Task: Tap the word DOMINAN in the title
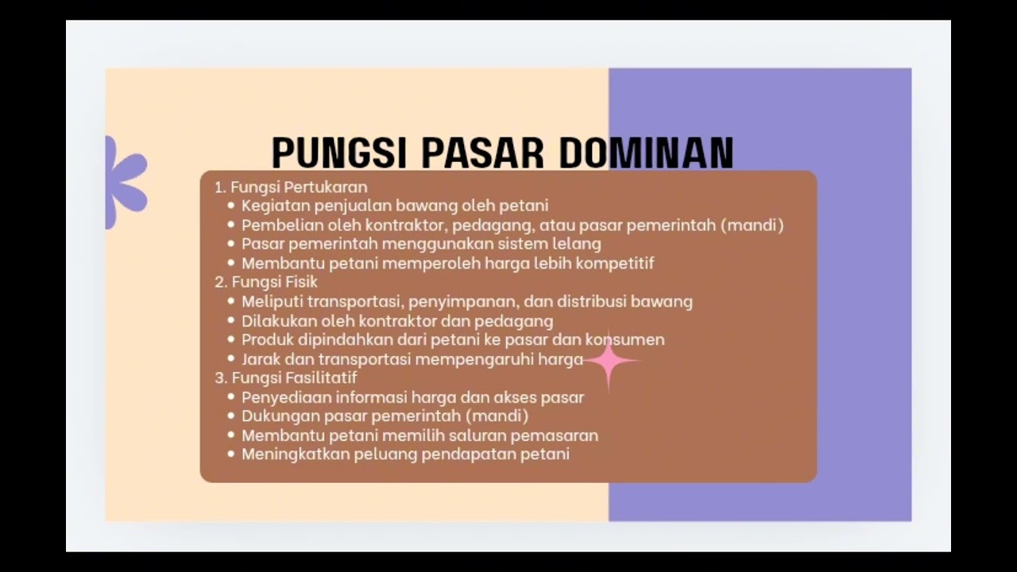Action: pos(645,153)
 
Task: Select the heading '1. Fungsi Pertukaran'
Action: pos(291,187)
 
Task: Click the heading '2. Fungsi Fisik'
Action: pos(266,282)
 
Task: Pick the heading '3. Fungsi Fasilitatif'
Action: pos(285,377)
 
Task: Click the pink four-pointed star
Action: pos(609,361)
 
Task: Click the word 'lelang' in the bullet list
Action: pos(577,244)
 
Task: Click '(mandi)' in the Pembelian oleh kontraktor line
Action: pos(752,225)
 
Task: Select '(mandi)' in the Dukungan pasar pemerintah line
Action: pos(497,415)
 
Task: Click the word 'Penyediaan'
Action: pos(286,397)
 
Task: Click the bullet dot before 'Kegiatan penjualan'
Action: pos(231,206)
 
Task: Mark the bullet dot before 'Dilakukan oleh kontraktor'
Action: pos(231,321)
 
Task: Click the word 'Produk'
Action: pos(267,340)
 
